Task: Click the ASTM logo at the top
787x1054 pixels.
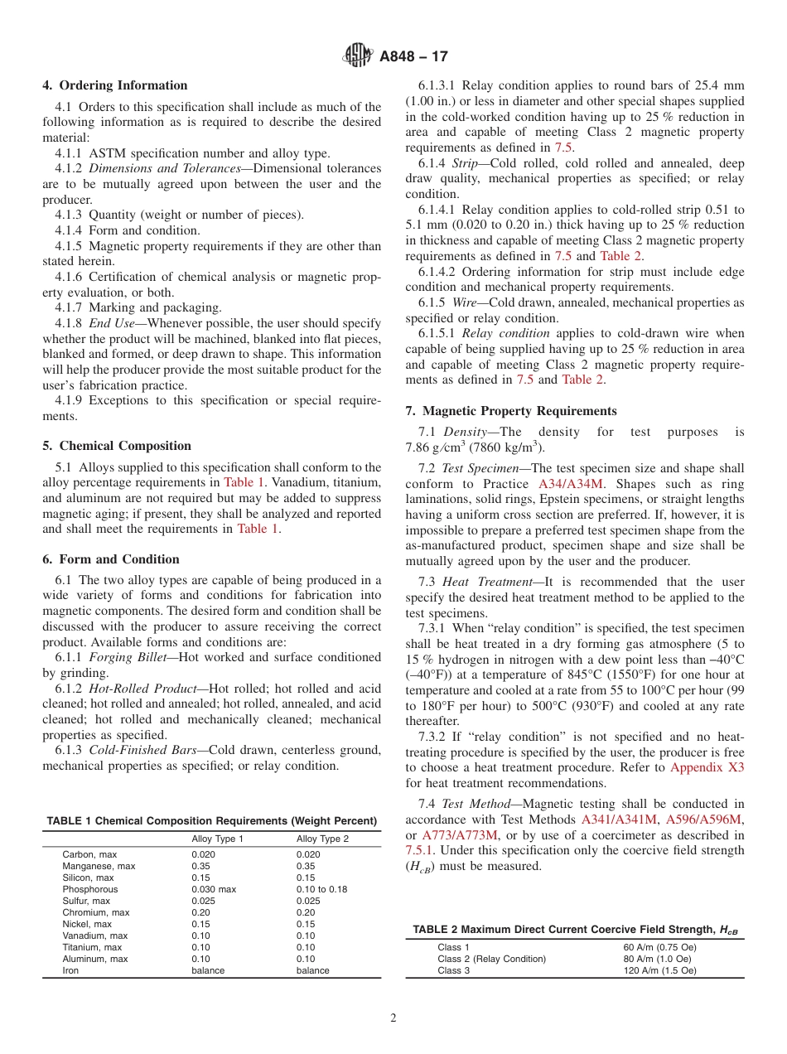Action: pos(359,56)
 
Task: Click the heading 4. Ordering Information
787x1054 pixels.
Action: pos(115,85)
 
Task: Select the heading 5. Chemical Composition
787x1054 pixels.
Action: pos(117,446)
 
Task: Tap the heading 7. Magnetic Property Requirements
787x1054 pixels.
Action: pos(511,411)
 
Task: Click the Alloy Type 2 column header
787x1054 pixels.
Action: pos(322,839)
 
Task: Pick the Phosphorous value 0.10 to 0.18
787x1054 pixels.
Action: pos(321,889)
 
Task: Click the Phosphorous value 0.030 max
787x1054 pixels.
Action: pos(214,889)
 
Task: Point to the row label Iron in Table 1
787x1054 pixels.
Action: pos(72,970)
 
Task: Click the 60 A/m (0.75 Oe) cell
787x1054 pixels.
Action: pos(659,947)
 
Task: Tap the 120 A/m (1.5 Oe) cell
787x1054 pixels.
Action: pos(659,970)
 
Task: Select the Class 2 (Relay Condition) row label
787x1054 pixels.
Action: pos(491,959)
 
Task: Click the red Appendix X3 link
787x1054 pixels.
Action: pos(707,767)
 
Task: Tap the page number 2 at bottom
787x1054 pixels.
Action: pos(393,1018)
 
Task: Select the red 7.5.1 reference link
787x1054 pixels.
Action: pos(420,850)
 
